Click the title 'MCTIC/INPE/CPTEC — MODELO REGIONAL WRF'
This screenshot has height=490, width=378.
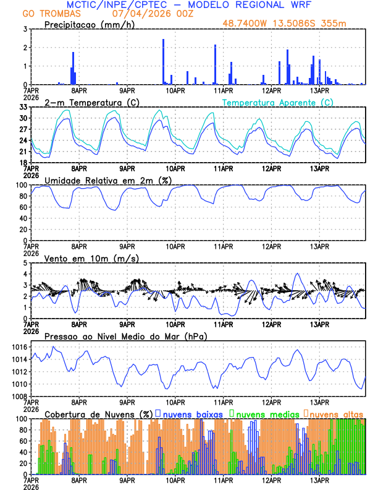tap(188, 5)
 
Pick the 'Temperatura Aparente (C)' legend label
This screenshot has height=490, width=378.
tap(278, 102)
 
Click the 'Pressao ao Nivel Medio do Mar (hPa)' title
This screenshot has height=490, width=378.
tap(125, 336)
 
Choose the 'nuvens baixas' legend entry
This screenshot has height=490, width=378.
tap(188, 414)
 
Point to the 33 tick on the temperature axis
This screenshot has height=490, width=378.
tap(23, 107)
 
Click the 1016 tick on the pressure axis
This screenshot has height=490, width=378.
tap(18, 347)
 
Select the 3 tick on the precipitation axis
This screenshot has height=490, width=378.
tap(25, 29)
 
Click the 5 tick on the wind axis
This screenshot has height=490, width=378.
tap(25, 263)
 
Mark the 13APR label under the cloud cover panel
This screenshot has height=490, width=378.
tap(319, 479)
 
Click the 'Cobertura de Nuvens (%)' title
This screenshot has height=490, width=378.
tap(99, 414)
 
